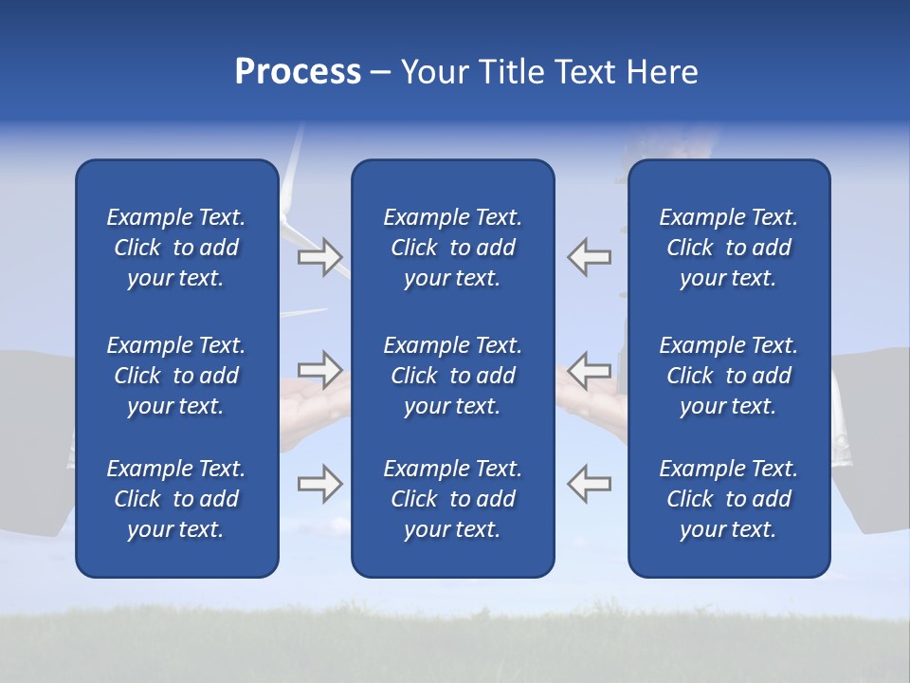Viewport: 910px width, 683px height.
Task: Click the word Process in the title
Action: coord(298,72)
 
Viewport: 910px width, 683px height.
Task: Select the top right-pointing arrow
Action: coord(319,257)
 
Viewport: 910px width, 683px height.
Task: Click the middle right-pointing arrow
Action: coord(319,368)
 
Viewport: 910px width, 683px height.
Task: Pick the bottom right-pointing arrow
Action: coord(319,483)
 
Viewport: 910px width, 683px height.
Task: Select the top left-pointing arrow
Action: coord(590,257)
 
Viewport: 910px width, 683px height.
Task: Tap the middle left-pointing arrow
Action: coord(590,368)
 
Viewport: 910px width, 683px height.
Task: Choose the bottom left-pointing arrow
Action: coord(590,483)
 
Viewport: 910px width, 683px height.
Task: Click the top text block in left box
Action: coord(176,248)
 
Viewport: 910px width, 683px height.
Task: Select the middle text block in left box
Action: coord(176,376)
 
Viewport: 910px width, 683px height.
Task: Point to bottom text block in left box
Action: coord(176,499)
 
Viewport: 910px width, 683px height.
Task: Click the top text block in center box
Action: coord(452,248)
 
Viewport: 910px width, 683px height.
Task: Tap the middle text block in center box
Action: coord(452,376)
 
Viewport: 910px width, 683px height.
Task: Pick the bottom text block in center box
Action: coord(452,499)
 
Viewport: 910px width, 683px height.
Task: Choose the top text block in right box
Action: coord(728,248)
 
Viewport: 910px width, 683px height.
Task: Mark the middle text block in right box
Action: coord(728,376)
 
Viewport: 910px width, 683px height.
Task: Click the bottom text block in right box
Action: coord(728,499)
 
